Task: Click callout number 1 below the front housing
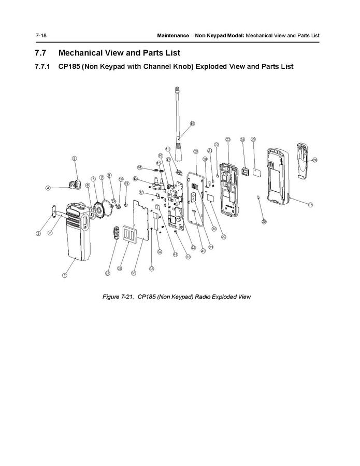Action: [x=65, y=275]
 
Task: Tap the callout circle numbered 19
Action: [x=192, y=123]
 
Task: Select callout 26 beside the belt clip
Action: [x=314, y=160]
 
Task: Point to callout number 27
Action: [x=310, y=205]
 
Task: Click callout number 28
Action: [x=263, y=222]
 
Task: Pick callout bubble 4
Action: [x=48, y=188]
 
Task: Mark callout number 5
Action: [x=75, y=159]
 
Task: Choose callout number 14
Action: [x=140, y=167]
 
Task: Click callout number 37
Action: [x=108, y=273]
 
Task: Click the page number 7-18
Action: [x=41, y=35]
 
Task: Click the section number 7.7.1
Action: [x=42, y=67]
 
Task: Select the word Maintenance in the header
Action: [x=174, y=35]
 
